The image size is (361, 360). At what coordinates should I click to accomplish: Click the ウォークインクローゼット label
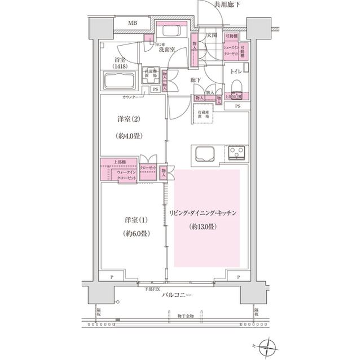[x=126, y=175]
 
